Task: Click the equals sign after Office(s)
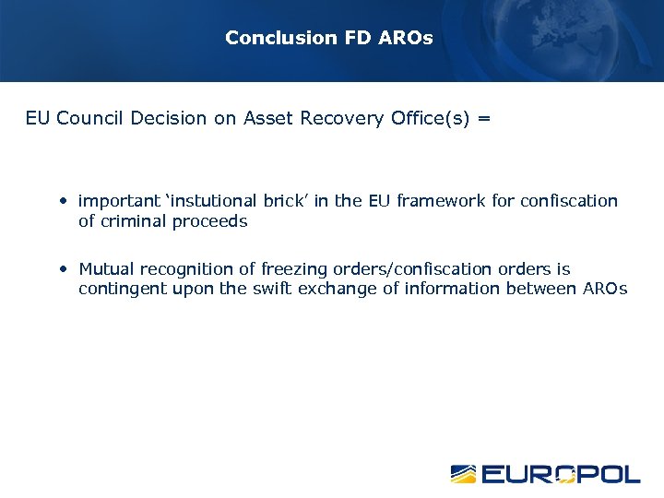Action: point(485,119)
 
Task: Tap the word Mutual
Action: point(106,269)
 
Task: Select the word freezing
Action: point(294,269)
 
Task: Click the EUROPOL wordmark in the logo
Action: point(561,474)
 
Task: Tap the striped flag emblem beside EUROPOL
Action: point(463,474)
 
